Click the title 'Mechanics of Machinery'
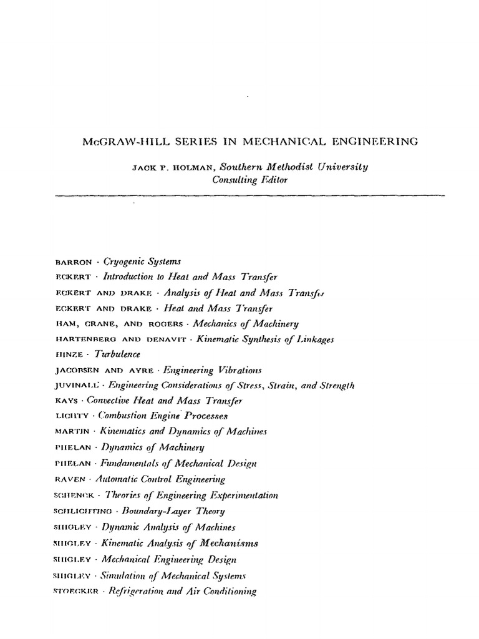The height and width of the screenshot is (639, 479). point(246,324)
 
